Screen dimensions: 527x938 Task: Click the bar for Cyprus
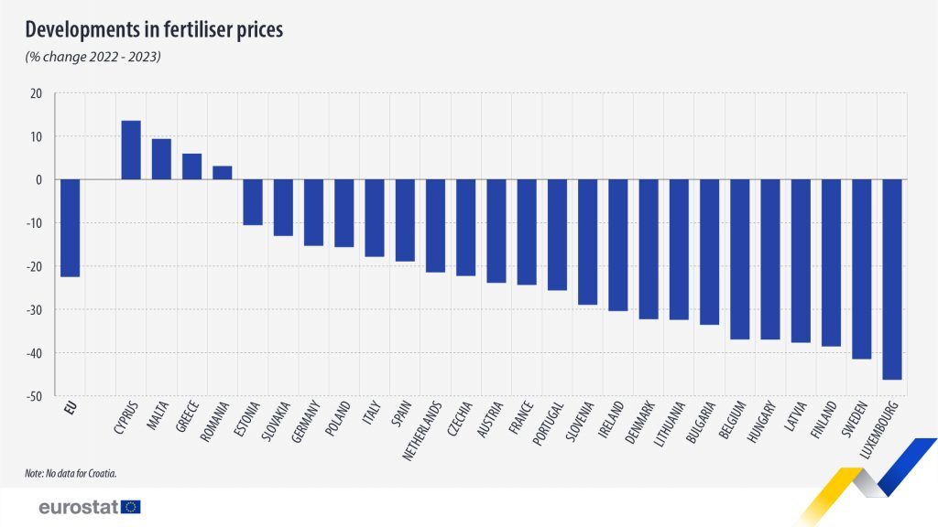point(131,150)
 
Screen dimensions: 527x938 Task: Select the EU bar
point(70,228)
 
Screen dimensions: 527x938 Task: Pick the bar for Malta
point(161,159)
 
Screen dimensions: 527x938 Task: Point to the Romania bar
point(223,173)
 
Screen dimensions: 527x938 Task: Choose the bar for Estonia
point(253,202)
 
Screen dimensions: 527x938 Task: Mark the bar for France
point(527,232)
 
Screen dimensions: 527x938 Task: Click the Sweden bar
point(862,269)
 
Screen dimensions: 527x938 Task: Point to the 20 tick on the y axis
point(36,93)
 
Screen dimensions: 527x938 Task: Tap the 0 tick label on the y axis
point(38,180)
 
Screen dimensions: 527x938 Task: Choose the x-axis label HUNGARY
point(763,422)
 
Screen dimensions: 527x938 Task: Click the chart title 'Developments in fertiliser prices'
point(154,29)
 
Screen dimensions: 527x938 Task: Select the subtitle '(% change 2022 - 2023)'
point(93,58)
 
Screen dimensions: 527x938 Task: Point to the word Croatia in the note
point(104,473)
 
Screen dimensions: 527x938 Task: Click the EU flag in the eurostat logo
point(130,507)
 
